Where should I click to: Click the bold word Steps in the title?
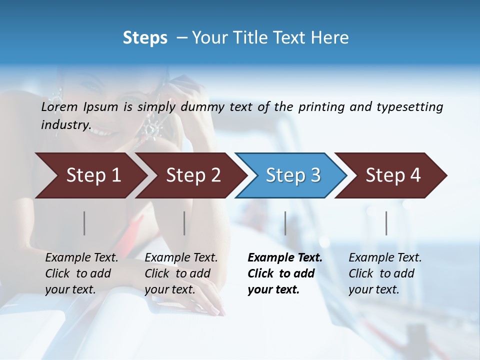145,38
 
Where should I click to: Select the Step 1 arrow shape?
90,175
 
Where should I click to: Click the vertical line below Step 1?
84,223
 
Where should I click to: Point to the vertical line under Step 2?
184,223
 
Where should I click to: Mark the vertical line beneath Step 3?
285,223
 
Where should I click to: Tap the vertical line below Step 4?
386,223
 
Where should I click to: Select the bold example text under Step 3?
284,273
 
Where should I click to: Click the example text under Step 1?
81,273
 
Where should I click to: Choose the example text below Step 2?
180,273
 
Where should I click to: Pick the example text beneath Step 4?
384,273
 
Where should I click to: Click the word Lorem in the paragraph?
59,107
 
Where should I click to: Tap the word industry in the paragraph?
65,125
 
